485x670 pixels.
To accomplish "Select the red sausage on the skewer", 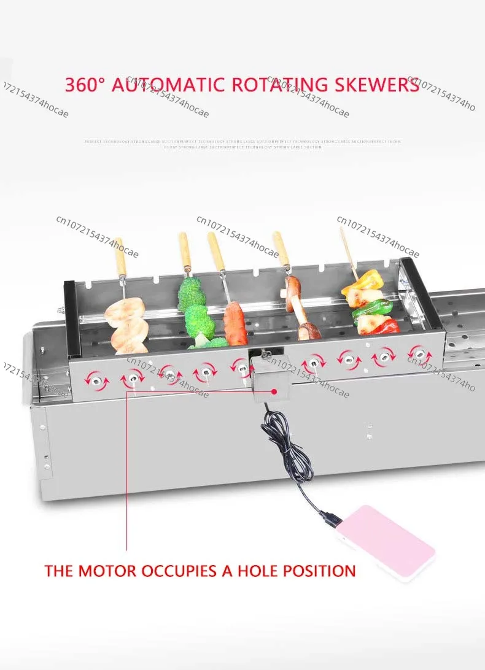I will [x=235, y=323].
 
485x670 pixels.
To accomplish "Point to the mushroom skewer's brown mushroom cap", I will [x=293, y=285].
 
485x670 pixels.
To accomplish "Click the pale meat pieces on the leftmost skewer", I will [x=125, y=324].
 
